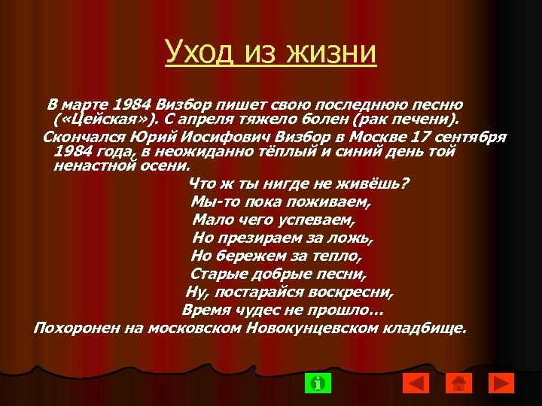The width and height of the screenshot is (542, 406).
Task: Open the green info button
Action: pyautogui.click(x=318, y=383)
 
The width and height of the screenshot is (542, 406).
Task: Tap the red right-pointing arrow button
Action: pyautogui.click(x=500, y=383)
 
